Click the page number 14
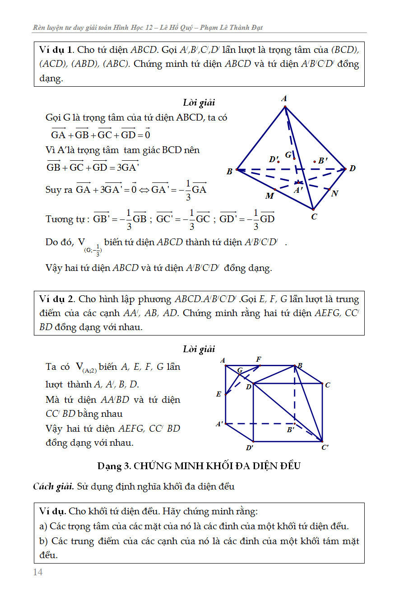(x=38, y=572)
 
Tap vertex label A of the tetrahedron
(x=284, y=99)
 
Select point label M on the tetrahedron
(x=269, y=196)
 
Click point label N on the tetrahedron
(x=334, y=194)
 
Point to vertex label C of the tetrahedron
(x=314, y=217)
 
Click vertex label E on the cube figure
(x=219, y=394)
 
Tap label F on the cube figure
(x=259, y=359)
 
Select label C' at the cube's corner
(x=325, y=448)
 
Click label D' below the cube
(x=249, y=448)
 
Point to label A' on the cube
(x=219, y=424)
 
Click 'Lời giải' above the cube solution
(x=199, y=349)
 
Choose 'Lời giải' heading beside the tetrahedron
(x=199, y=103)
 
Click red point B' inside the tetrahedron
(x=315, y=161)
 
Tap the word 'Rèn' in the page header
(x=40, y=28)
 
